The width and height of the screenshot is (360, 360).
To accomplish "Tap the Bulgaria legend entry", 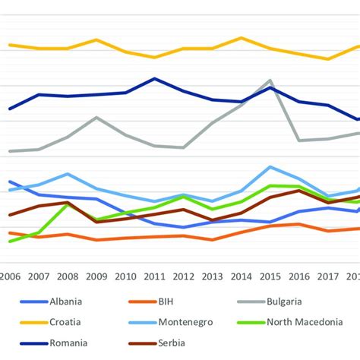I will tap(289, 301).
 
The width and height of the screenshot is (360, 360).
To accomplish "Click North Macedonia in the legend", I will tap(304, 322).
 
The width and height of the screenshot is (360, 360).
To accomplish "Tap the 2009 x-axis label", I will tap(96, 276).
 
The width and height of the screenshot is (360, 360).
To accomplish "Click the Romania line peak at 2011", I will tap(154, 78).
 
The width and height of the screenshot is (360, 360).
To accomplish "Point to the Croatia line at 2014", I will tap(241, 37).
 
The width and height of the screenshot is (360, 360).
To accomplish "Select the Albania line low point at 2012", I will tap(183, 227).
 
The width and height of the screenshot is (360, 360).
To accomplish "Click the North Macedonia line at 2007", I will tap(39, 232).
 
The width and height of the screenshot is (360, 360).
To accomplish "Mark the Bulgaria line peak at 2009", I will tap(96, 117).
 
